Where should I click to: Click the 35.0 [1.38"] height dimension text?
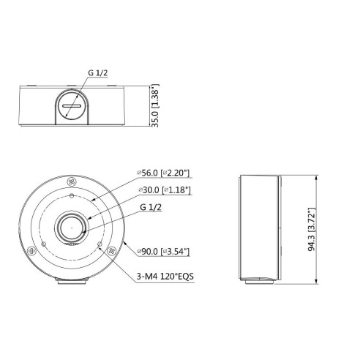(155, 105)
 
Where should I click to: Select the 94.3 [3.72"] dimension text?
(312, 230)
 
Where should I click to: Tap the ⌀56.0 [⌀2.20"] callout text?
(163, 173)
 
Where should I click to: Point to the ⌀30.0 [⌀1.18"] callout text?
(165, 190)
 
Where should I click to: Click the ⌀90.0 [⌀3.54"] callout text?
(163, 252)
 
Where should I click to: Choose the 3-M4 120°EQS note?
(165, 277)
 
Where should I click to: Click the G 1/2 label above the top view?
(98, 72)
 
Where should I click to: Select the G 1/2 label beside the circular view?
(151, 207)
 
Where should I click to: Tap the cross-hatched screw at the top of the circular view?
(72, 181)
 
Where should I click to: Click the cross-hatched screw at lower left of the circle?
(31, 250)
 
